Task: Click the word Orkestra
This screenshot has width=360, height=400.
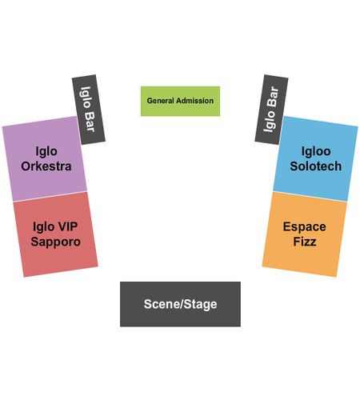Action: (46, 166)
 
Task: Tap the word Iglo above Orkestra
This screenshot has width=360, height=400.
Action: (46, 151)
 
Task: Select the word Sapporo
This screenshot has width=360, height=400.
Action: (55, 242)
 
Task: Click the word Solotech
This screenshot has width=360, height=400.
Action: (316, 166)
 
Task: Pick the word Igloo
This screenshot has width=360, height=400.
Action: (316, 151)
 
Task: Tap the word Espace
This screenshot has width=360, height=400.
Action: (304, 227)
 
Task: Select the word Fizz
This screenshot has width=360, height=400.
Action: (305, 242)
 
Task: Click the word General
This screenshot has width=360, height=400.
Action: (160, 101)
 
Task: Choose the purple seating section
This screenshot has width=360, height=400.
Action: (45, 158)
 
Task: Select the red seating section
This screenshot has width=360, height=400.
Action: (55, 234)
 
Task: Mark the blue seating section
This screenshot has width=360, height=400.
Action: (315, 158)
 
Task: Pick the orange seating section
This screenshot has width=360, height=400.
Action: (305, 234)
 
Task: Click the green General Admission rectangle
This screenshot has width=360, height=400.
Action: (180, 101)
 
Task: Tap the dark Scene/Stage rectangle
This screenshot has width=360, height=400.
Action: (180, 304)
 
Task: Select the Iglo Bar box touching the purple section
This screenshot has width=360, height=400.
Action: (89, 110)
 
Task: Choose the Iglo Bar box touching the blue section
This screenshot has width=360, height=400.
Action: (271, 110)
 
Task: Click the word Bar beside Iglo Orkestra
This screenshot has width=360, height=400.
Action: (90, 122)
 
